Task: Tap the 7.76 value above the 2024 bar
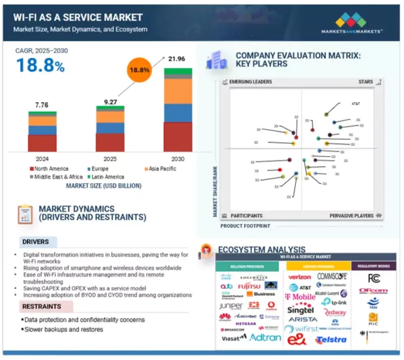click(42, 104)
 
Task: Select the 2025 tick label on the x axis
click(109, 158)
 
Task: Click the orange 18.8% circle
click(140, 71)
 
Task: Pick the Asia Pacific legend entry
click(163, 168)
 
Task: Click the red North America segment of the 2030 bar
click(177, 137)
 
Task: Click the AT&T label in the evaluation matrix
click(356, 104)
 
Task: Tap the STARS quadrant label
click(366, 82)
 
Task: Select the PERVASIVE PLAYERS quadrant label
click(352, 216)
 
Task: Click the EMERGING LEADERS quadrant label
click(250, 82)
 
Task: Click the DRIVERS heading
click(35, 243)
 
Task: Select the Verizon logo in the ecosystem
click(299, 277)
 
